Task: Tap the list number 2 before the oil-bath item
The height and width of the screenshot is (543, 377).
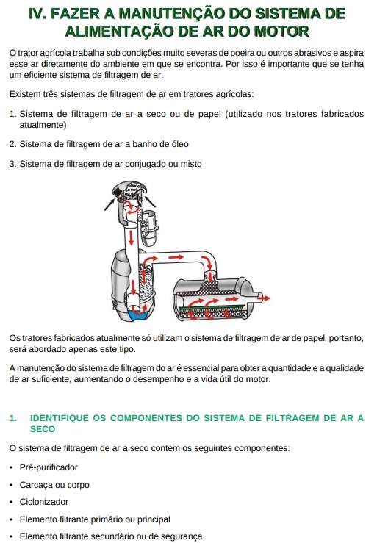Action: click(12, 144)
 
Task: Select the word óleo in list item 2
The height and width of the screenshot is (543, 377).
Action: click(177, 144)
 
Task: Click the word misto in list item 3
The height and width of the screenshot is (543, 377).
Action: click(191, 163)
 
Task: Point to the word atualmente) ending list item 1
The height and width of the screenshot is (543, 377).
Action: click(43, 125)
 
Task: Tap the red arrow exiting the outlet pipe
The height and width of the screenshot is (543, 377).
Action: click(265, 298)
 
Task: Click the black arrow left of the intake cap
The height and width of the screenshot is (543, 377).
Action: click(109, 204)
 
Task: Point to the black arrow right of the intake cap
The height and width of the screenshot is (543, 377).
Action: click(150, 201)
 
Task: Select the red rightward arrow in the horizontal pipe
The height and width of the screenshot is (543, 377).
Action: click(176, 257)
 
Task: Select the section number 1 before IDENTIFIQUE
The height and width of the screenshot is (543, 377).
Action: click(12, 418)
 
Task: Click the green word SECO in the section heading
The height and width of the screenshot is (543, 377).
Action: click(43, 429)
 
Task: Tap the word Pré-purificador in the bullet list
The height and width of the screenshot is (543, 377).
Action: click(49, 467)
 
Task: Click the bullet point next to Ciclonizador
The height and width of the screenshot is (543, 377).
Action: click(12, 502)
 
